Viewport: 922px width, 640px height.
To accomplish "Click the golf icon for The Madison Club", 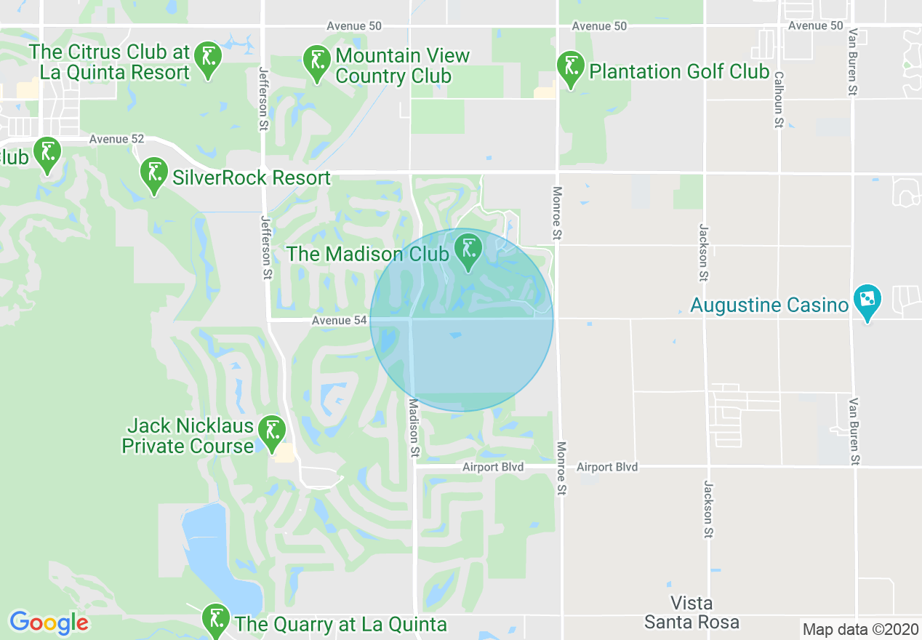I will [x=468, y=249].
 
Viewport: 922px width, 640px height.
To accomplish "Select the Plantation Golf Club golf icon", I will [x=571, y=67].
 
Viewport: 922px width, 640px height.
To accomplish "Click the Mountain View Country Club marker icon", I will [x=316, y=62].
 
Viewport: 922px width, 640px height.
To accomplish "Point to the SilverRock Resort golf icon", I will [x=153, y=173].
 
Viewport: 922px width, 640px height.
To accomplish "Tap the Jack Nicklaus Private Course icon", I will [x=272, y=432].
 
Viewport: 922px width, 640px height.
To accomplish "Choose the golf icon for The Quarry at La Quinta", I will [x=215, y=619].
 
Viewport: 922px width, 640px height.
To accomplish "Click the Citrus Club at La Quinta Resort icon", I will [x=208, y=57].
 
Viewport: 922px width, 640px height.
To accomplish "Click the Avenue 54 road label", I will [x=340, y=320].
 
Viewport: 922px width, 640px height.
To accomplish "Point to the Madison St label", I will [x=413, y=428].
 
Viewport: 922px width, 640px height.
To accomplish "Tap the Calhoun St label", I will [x=778, y=100].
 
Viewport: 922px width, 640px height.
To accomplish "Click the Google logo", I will [x=49, y=623].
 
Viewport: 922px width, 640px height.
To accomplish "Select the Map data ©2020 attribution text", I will [x=860, y=629].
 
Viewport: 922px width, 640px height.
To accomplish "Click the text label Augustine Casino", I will [x=769, y=305].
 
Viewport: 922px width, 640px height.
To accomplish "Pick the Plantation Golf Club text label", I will [x=678, y=71].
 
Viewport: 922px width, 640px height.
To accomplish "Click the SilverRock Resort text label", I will [x=251, y=177].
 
